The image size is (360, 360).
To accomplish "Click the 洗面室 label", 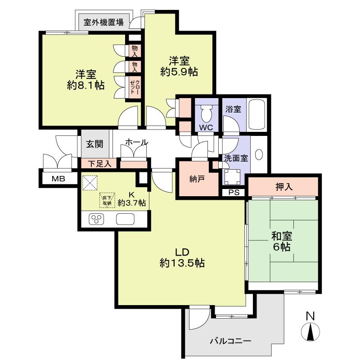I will tap(236, 158).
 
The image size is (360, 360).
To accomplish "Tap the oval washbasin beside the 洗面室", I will tap(259, 154).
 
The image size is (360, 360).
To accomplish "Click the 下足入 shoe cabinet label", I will tap(99, 164).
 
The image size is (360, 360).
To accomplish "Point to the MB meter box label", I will tap(58, 179).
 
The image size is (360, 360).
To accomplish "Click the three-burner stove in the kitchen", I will tap(96, 219).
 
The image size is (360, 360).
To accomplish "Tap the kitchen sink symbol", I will tap(125, 219).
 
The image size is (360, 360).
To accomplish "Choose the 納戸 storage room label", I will tap(197, 179).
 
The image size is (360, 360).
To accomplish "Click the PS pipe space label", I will tap(234, 193).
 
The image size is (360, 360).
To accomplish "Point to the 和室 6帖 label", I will tap(281, 241).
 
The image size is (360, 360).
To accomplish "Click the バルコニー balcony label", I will tap(230, 341).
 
